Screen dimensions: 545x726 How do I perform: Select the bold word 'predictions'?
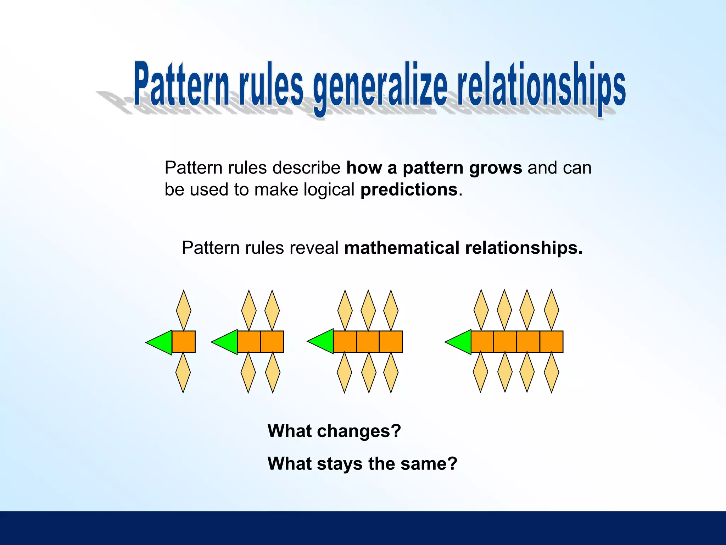point(409,189)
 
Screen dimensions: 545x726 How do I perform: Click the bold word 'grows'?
point(495,168)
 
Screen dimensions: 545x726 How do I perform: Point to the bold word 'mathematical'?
point(402,248)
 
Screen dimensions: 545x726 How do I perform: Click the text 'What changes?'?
point(334,431)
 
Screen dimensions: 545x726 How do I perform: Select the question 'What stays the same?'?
point(362,464)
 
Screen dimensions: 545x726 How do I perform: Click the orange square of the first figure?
point(184,342)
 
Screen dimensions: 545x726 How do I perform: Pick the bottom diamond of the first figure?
point(183,373)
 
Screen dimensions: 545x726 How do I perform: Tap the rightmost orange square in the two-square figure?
point(272,342)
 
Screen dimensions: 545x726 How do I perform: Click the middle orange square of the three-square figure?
point(368,342)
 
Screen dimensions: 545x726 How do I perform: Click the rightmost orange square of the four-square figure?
point(552,342)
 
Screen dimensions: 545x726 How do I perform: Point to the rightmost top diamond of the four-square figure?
point(552,310)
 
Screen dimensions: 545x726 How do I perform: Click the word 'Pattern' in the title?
point(182,85)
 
